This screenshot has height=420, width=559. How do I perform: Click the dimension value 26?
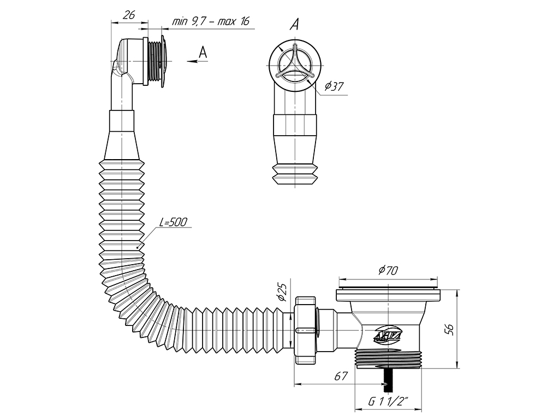pos(129,15)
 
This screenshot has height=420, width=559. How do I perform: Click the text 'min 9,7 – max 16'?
pos(211,21)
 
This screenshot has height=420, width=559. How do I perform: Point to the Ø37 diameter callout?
pos(335,86)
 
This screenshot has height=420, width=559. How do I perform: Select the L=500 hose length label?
pos(173,222)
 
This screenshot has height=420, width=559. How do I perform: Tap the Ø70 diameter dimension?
pos(388,271)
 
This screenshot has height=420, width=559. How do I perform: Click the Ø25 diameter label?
pos(282,293)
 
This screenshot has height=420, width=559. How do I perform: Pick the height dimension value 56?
pos(449,329)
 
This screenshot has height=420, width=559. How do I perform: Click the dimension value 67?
pos(341,376)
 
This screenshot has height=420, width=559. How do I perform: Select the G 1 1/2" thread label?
pos(388,402)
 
